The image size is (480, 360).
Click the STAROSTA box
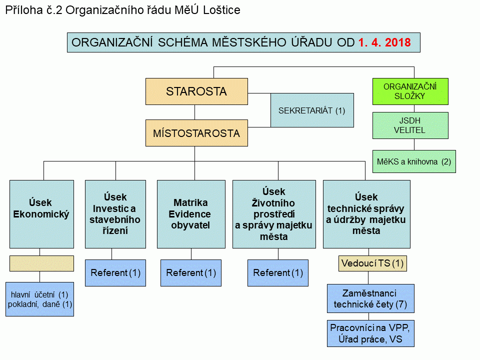(196, 91)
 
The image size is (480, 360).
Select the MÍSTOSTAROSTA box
(196, 133)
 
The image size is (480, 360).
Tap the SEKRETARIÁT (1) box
(312, 110)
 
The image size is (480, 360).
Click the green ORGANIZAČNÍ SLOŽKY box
(410, 91)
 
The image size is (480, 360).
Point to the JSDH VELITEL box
(410, 125)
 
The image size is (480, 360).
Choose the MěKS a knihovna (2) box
(414, 161)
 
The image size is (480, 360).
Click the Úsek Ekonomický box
(41, 214)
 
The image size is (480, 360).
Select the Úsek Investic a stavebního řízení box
(115, 214)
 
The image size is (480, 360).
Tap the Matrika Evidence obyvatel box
(191, 214)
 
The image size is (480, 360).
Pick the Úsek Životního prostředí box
(274, 214)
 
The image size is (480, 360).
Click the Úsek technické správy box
(366, 214)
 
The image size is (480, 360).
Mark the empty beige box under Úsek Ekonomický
(41, 263)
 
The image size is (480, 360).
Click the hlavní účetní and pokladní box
(40, 299)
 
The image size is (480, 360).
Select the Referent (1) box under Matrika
(191, 273)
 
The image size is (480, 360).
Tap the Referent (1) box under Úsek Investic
(115, 273)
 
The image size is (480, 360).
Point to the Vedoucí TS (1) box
(372, 263)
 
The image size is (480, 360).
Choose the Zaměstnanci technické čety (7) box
(370, 298)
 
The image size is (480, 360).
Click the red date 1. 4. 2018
(384, 42)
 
